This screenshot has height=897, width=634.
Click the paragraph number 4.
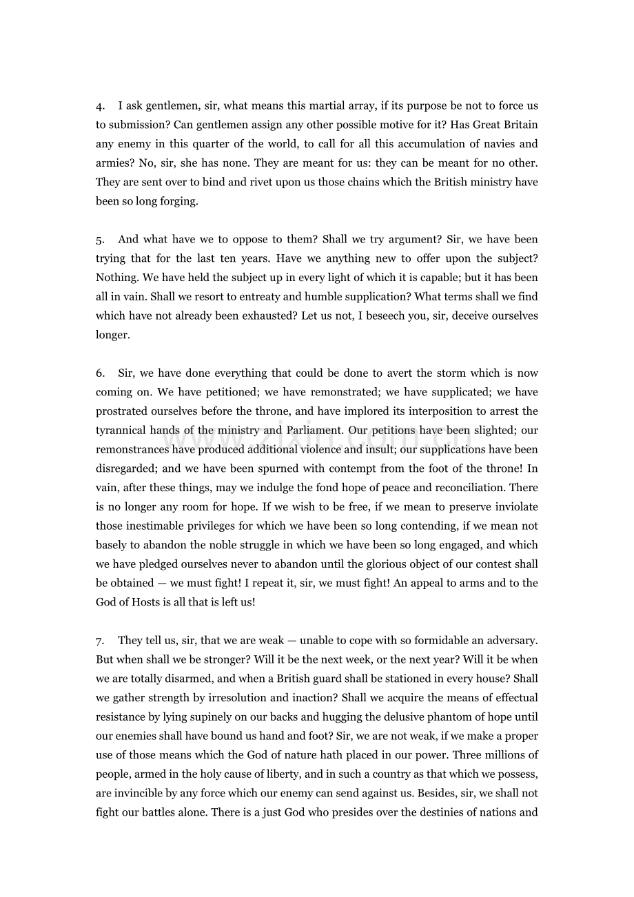(x=100, y=106)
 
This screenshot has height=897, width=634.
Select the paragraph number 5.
(x=100, y=240)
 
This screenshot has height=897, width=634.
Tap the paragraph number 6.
(x=100, y=373)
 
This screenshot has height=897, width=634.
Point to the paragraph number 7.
(x=100, y=641)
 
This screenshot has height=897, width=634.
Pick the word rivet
(x=243, y=183)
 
